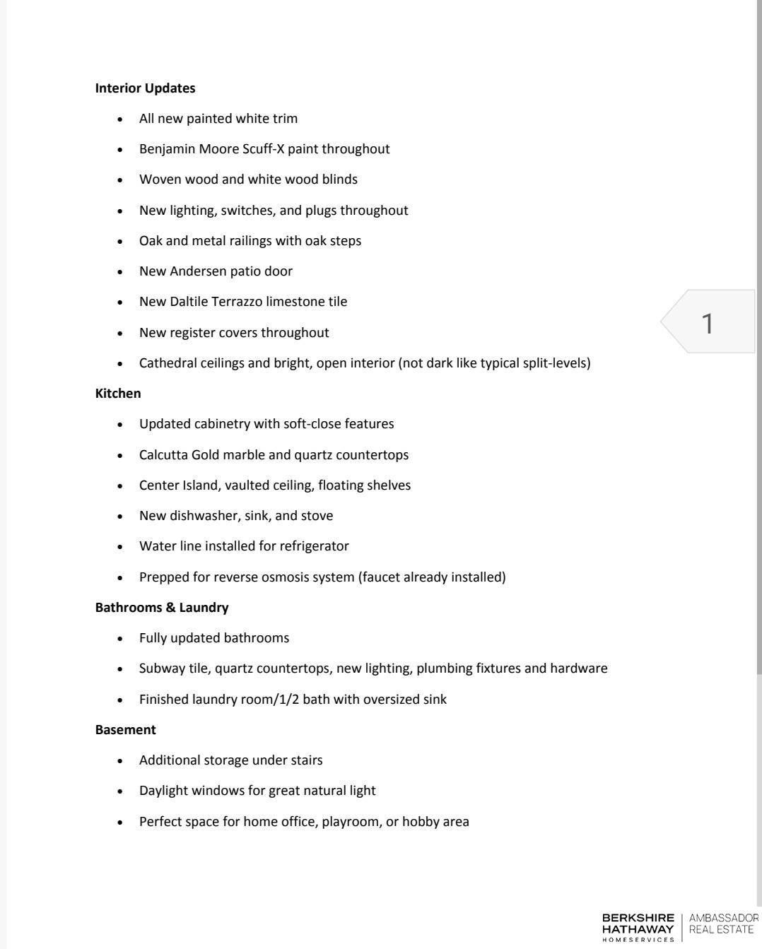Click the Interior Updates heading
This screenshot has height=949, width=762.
(x=145, y=88)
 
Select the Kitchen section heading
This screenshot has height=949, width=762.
(x=118, y=394)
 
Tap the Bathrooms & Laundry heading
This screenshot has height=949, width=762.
(x=162, y=608)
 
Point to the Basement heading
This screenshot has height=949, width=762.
(x=125, y=730)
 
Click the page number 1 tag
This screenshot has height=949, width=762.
(x=708, y=323)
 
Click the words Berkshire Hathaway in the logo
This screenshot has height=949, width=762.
(x=638, y=923)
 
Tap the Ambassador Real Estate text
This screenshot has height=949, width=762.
(x=723, y=923)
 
